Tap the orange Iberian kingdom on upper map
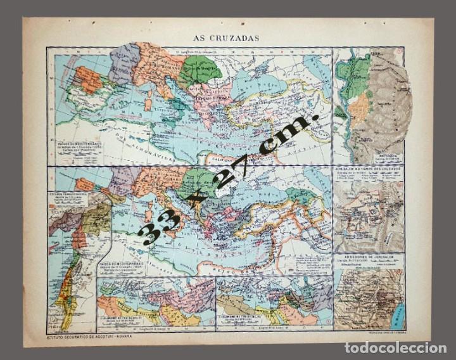click(87, 79)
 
